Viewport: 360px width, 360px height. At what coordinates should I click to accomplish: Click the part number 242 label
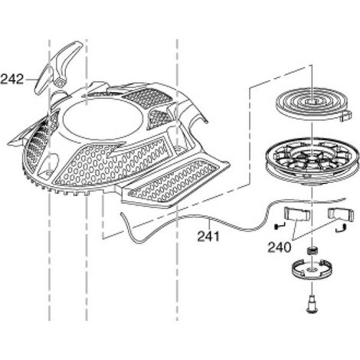coord(12,79)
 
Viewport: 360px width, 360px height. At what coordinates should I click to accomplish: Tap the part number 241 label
coord(208,237)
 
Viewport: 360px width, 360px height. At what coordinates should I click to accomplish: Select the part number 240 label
coord(279,247)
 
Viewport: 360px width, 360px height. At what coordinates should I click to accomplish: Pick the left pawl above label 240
coord(297,214)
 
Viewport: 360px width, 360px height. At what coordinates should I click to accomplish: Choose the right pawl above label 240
coord(341,214)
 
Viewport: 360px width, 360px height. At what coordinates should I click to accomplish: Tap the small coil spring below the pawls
coord(312,250)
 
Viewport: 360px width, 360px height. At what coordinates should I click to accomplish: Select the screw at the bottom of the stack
coord(312,304)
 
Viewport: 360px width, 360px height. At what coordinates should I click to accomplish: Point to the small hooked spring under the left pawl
coord(279,226)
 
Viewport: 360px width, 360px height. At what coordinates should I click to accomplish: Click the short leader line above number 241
coord(209,224)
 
